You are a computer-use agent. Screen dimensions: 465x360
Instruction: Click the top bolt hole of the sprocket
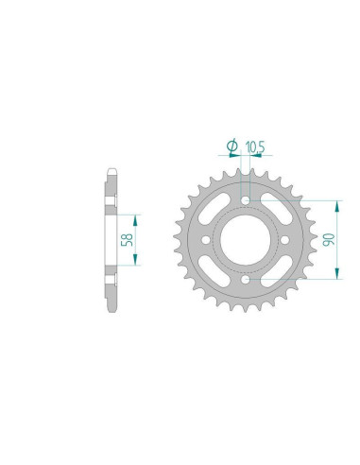(247, 200)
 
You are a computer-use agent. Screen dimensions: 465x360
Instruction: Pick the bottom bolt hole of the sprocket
(247, 280)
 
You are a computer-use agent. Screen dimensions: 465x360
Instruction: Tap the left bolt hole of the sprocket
(207, 240)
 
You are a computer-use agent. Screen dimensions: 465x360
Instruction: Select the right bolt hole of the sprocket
(286, 240)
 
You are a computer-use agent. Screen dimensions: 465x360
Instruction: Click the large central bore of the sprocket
(247, 240)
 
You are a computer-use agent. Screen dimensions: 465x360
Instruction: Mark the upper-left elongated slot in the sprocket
(215, 209)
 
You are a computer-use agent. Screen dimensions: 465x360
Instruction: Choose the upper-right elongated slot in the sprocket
(278, 209)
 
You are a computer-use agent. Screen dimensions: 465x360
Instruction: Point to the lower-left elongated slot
(215, 271)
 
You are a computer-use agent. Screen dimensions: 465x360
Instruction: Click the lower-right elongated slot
(278, 271)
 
